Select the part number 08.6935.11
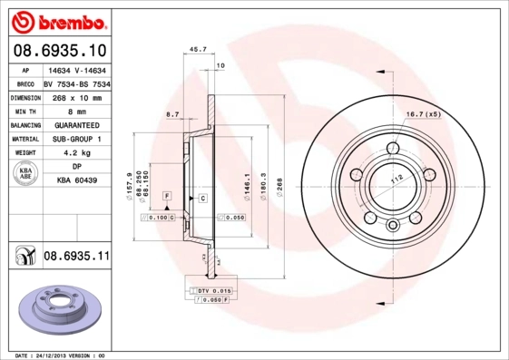pyautogui.click(x=76, y=257)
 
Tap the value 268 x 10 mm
pyautogui.click(x=76, y=97)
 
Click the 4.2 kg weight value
pyautogui.click(x=76, y=153)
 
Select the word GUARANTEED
pyautogui.click(x=76, y=124)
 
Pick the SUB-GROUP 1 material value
pyautogui.click(x=76, y=139)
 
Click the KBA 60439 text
pyautogui.click(x=76, y=180)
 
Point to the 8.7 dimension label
pyautogui.click(x=172, y=114)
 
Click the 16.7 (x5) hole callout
pyautogui.click(x=423, y=114)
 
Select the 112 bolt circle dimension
pyautogui.click(x=396, y=180)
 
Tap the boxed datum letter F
pyautogui.click(x=167, y=197)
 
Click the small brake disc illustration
pyautogui.click(x=57, y=307)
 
